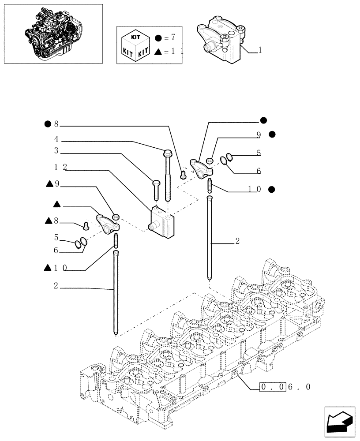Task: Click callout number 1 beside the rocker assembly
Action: pos(260,50)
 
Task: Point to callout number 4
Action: pos(56,139)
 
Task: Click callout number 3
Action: pos(56,151)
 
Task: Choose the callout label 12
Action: pos(60,167)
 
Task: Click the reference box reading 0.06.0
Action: pos(285,387)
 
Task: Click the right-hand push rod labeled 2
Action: pos(210,238)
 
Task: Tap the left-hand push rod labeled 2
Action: pos(116,291)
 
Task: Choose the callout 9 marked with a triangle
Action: pos(53,184)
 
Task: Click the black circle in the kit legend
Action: pos(158,37)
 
